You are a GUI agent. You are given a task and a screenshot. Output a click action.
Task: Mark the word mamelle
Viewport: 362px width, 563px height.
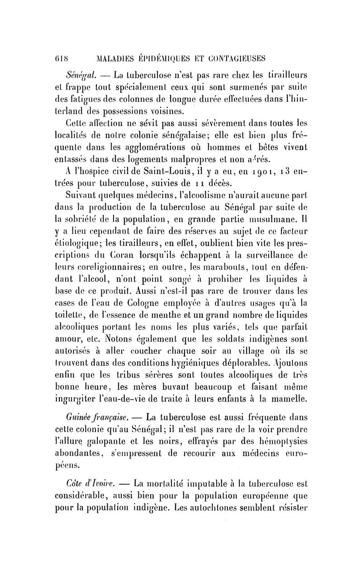tap(290, 399)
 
